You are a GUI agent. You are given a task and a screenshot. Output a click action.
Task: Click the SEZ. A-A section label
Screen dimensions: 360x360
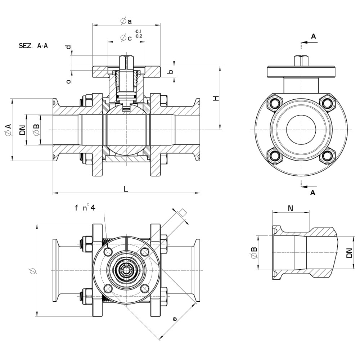(33, 46)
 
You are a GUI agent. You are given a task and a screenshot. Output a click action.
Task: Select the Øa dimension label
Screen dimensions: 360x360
(126, 21)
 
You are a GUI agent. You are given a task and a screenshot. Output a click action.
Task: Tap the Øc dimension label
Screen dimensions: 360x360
(126, 38)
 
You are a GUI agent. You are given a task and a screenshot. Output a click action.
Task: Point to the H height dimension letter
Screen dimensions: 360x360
(216, 98)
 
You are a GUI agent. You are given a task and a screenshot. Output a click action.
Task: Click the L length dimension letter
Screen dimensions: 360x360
(126, 189)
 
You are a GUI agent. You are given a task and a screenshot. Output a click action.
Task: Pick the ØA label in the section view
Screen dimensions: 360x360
(8, 130)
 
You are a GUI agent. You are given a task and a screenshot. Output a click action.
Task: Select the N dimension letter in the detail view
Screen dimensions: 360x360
(291, 208)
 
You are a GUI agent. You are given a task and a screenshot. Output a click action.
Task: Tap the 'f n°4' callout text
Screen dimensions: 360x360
(85, 208)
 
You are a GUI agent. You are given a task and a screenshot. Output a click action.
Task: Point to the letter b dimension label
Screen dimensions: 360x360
(171, 72)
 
